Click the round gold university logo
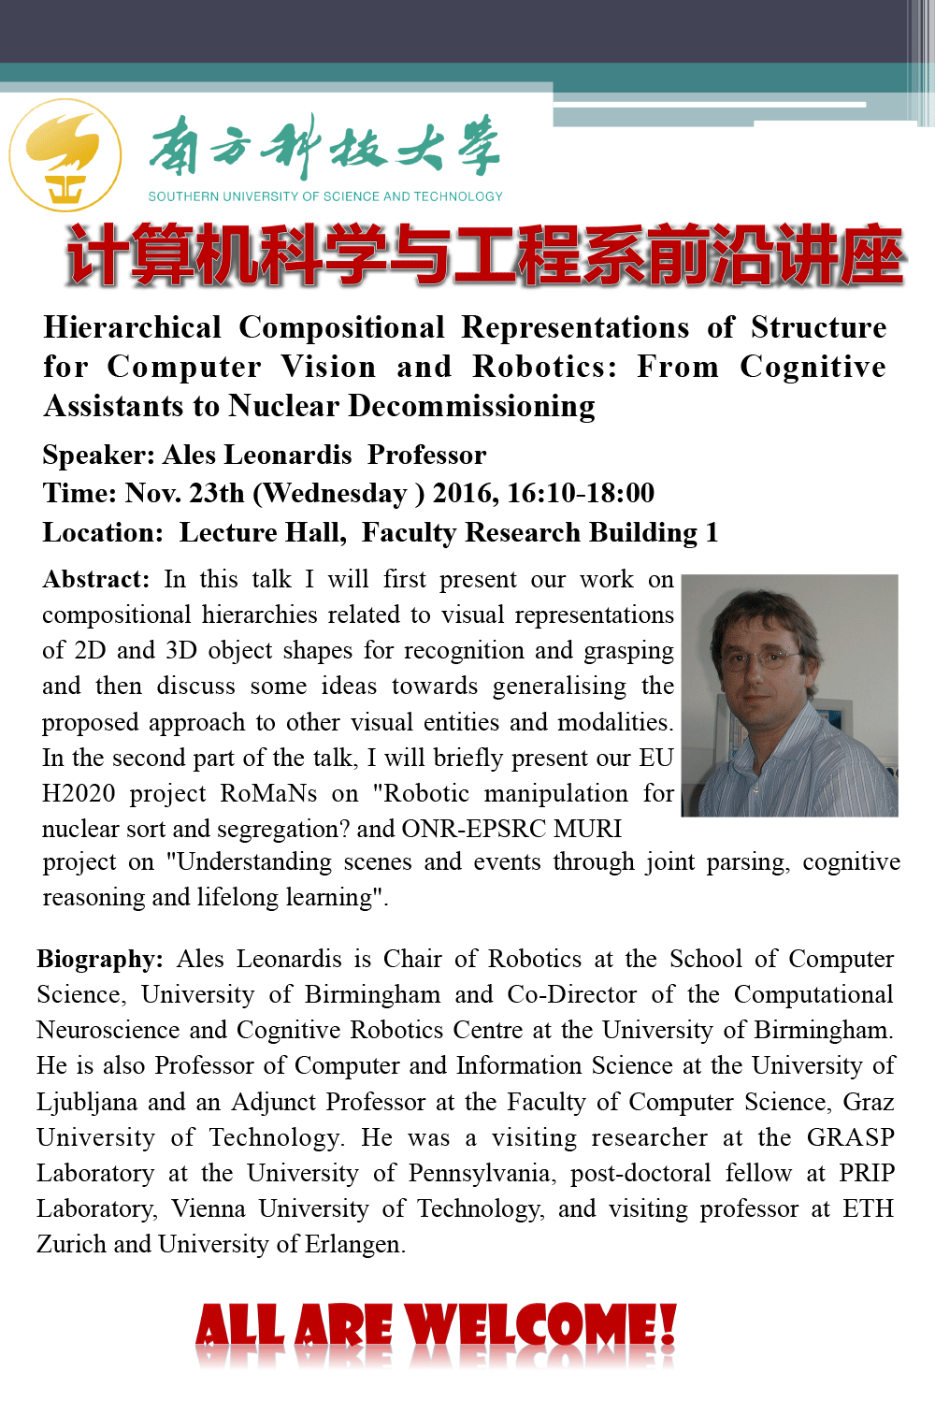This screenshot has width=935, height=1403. coord(65,155)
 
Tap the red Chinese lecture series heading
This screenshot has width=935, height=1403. coord(485,255)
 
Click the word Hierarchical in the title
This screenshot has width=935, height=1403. coord(132,327)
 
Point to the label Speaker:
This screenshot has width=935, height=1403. coord(98,455)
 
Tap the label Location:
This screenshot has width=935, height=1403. coord(103,532)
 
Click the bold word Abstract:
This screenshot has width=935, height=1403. coord(95,579)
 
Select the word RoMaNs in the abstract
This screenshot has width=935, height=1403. coord(268,793)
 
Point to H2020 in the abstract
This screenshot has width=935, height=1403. coord(79,793)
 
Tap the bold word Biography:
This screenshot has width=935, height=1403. coord(100,959)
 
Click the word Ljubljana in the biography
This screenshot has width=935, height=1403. coord(85,1102)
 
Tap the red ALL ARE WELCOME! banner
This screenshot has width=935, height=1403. coord(436,1328)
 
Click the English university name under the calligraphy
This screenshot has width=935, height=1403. coord(325,196)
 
